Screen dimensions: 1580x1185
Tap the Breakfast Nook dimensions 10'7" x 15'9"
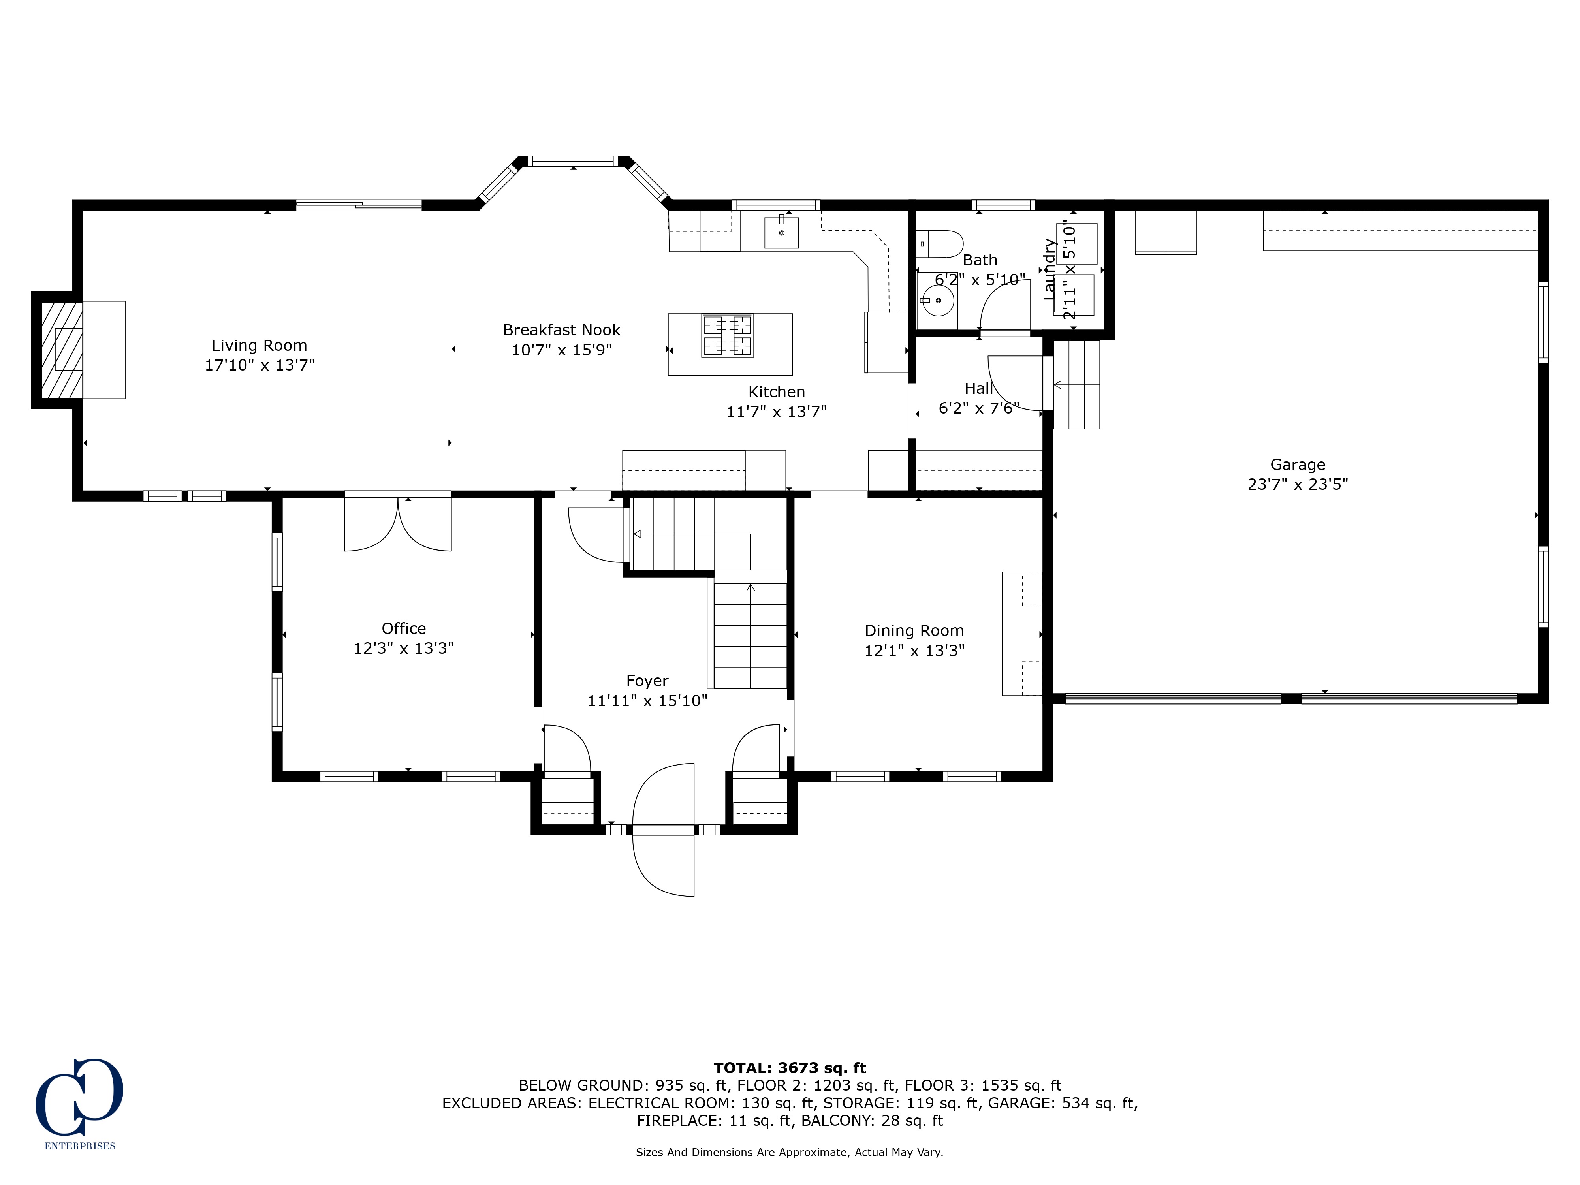coord(561,350)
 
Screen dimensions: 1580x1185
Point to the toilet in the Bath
coord(939,244)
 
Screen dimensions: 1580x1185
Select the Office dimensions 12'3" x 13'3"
coord(404,648)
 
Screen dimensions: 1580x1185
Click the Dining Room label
coord(914,631)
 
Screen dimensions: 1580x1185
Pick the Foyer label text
coord(647,681)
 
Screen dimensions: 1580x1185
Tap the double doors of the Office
coord(398,523)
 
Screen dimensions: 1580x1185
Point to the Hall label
coord(978,389)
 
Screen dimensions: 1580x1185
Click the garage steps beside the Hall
coord(1076,384)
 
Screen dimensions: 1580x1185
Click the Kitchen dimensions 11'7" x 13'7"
coord(777,412)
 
